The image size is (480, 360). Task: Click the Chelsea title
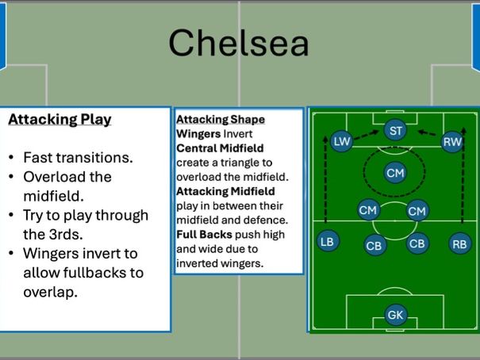pyautogui.click(x=239, y=43)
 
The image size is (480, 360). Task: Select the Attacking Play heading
pyautogui.click(x=60, y=120)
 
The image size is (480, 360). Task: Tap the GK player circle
pyautogui.click(x=395, y=315)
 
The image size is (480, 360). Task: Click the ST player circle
pyautogui.click(x=395, y=131)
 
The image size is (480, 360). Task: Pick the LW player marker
pyautogui.click(x=342, y=142)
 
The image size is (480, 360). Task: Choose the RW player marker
pyautogui.click(x=452, y=142)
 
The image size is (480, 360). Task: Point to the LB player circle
pyautogui.click(x=327, y=242)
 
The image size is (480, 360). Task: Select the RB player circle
pyautogui.click(x=459, y=243)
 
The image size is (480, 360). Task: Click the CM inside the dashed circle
pyautogui.click(x=395, y=172)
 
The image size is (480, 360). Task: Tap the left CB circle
pyautogui.click(x=374, y=246)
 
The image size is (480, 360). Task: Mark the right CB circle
pyautogui.click(x=417, y=243)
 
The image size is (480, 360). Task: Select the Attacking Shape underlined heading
pyautogui.click(x=221, y=120)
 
